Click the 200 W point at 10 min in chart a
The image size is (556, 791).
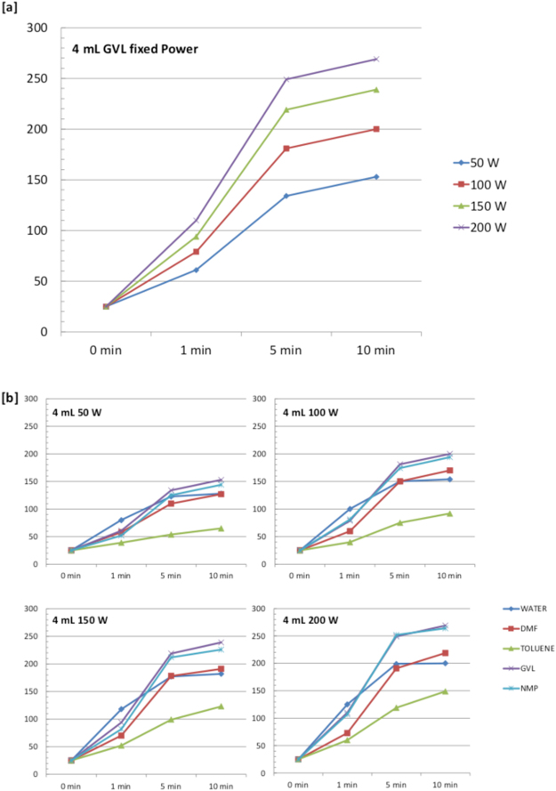pyautogui.click(x=376, y=60)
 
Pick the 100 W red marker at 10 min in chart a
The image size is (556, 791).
pyautogui.click(x=376, y=129)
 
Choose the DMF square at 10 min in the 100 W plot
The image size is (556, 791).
pyautogui.click(x=449, y=471)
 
